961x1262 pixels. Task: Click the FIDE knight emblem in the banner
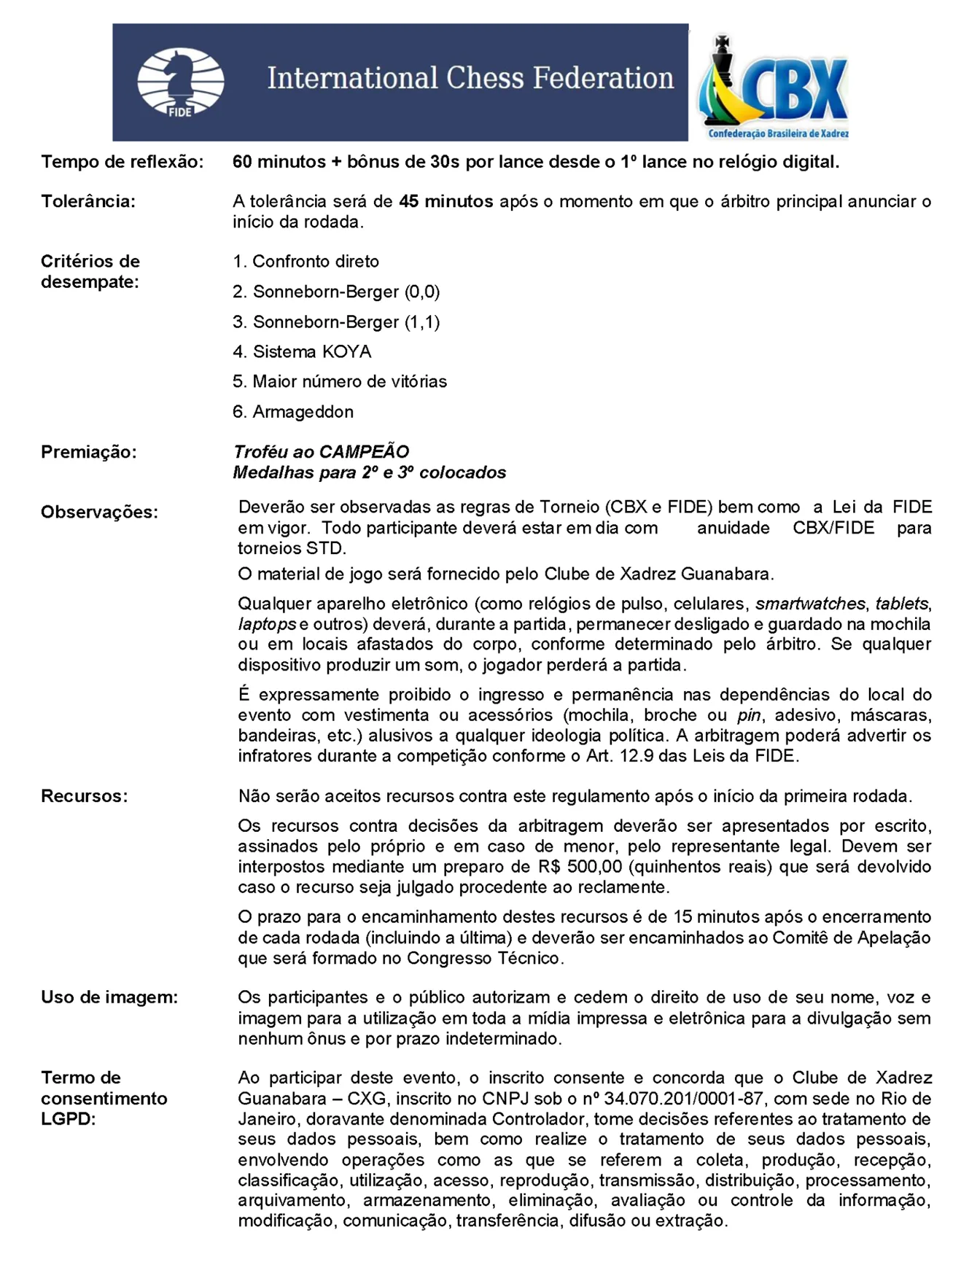pyautogui.click(x=180, y=82)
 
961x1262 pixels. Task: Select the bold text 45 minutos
pyautogui.click(x=446, y=201)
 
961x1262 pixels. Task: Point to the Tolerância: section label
pyautogui.click(x=88, y=201)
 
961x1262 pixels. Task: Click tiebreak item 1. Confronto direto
pyautogui.click(x=306, y=261)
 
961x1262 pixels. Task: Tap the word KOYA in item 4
pyautogui.click(x=346, y=352)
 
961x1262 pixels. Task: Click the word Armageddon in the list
pyautogui.click(x=303, y=412)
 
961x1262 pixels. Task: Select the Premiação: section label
pyautogui.click(x=89, y=452)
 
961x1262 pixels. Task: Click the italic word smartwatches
pyautogui.click(x=810, y=604)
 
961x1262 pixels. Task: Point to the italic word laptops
pyautogui.click(x=267, y=624)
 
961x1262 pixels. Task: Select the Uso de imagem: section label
pyautogui.click(x=109, y=997)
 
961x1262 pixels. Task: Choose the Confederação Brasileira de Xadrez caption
pyautogui.click(x=778, y=133)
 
